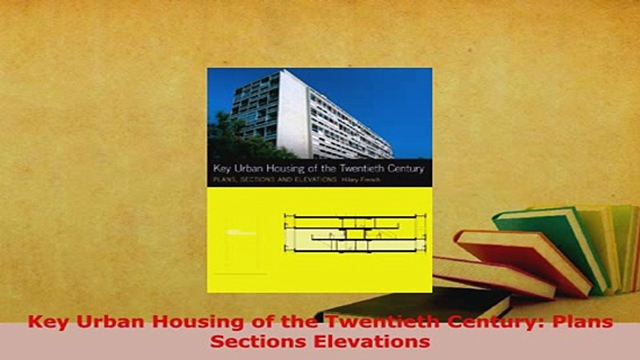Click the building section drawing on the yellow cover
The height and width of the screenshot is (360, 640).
click(355, 233)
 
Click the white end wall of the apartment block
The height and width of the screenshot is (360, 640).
click(292, 115)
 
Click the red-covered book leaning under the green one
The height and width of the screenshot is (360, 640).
click(520, 260)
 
